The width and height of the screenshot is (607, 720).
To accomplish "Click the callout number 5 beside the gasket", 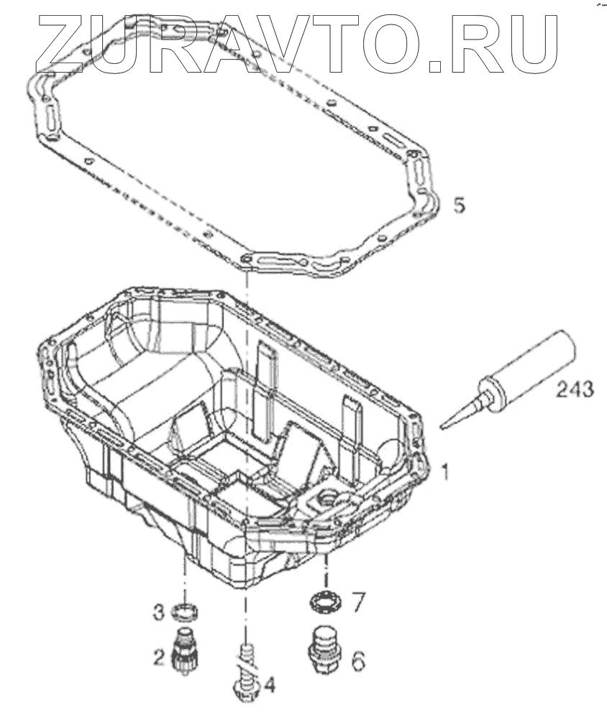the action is tap(459, 206).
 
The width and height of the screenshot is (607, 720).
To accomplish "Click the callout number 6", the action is tap(357, 660).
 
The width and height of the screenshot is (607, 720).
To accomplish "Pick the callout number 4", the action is tap(269, 686).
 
